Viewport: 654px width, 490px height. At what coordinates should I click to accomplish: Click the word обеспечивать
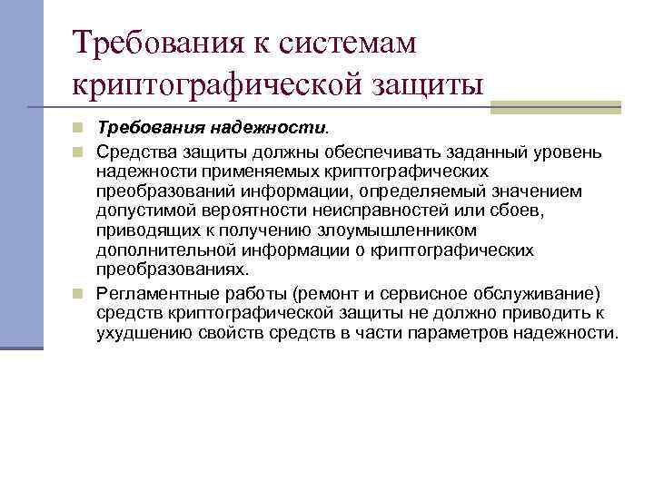(x=346, y=150)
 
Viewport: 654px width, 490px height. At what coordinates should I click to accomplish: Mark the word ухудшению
(x=143, y=333)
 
